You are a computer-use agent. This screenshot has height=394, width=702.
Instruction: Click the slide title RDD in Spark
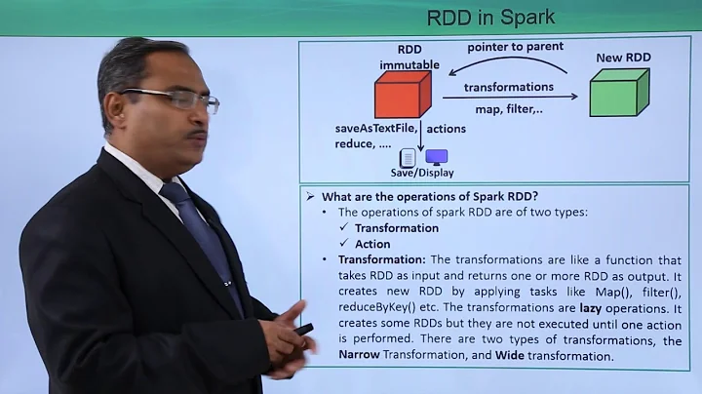[491, 17]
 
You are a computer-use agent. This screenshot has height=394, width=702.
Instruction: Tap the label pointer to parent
[515, 47]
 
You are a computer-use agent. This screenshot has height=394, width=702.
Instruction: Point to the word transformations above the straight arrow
[508, 87]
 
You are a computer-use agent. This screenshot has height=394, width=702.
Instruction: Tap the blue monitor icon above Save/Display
[436, 157]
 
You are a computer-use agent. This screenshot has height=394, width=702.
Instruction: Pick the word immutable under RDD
[409, 65]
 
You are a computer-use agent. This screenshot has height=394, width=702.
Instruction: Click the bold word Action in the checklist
[372, 244]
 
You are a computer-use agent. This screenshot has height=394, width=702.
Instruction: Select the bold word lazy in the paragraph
[596, 307]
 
